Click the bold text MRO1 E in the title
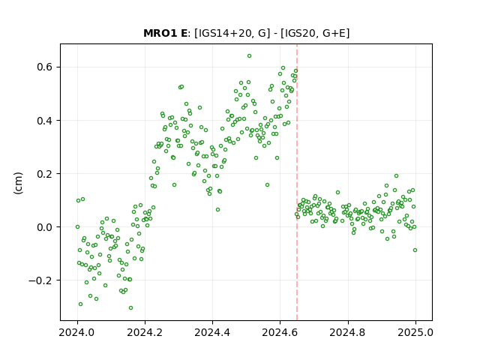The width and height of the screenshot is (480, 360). [165, 33]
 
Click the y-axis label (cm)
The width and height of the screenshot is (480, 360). [18, 183]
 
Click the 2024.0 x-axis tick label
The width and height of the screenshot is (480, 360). [77, 332]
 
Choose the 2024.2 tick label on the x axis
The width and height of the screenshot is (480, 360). [145, 332]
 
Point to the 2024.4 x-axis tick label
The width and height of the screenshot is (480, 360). [212, 332]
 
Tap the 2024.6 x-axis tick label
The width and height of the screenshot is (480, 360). [280, 332]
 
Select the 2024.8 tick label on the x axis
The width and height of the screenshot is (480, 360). [347, 332]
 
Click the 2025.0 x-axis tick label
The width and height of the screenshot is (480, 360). [415, 332]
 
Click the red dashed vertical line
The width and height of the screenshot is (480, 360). [297, 182]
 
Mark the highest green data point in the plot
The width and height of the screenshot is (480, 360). [249, 56]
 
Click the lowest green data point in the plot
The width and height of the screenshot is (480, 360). [130, 308]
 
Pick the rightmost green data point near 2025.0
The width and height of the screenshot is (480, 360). [415, 250]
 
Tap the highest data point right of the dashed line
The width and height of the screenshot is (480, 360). [396, 176]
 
